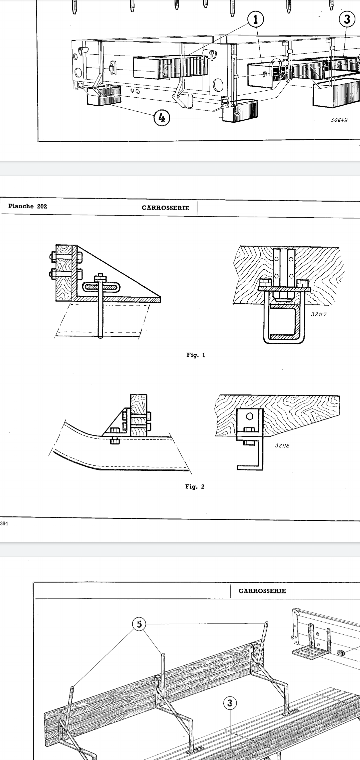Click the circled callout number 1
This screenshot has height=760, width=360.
(256, 20)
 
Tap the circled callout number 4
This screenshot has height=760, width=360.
(162, 118)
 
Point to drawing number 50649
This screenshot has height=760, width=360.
(339, 120)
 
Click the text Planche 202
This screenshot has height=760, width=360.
(28, 206)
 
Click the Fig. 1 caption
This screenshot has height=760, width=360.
(196, 355)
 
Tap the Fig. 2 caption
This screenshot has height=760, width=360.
(195, 487)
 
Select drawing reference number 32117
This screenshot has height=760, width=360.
(318, 314)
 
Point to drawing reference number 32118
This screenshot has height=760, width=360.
(282, 445)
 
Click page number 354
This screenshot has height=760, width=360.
(4, 523)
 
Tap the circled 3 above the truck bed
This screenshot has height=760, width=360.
(347, 19)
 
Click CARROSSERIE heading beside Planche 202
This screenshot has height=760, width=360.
(165, 208)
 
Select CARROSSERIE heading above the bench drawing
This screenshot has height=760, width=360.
(262, 591)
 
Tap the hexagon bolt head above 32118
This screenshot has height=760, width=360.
(251, 417)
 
